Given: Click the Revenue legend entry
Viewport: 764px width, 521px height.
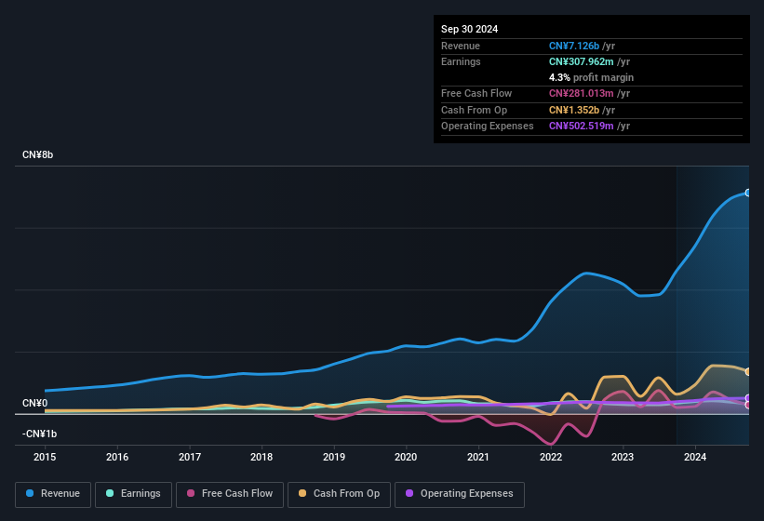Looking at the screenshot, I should (x=54, y=493).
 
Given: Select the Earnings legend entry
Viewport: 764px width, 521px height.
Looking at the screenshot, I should (x=134, y=493).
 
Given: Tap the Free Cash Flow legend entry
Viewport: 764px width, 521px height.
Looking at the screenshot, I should (x=230, y=493).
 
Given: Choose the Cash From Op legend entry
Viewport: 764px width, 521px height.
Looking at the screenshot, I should (x=339, y=493).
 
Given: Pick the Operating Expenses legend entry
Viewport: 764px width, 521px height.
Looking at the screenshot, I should (x=460, y=493).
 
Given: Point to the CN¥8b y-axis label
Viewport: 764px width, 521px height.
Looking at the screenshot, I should (x=38, y=154).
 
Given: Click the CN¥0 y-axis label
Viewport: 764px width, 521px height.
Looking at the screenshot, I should (x=34, y=404).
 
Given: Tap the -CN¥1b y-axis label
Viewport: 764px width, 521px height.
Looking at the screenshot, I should (x=39, y=434).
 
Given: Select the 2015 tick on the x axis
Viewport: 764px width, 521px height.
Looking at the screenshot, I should (x=46, y=457).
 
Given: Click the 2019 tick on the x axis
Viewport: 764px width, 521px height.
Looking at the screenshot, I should (x=334, y=457).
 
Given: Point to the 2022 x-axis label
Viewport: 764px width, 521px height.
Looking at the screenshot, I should (x=551, y=457).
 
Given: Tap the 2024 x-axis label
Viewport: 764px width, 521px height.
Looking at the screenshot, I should (x=694, y=457).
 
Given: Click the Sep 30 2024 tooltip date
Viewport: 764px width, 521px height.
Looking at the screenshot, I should (x=469, y=29).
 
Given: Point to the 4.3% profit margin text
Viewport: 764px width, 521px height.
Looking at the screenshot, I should (x=591, y=77).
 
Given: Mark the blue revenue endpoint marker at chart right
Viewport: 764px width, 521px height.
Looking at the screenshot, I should (x=747, y=193).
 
